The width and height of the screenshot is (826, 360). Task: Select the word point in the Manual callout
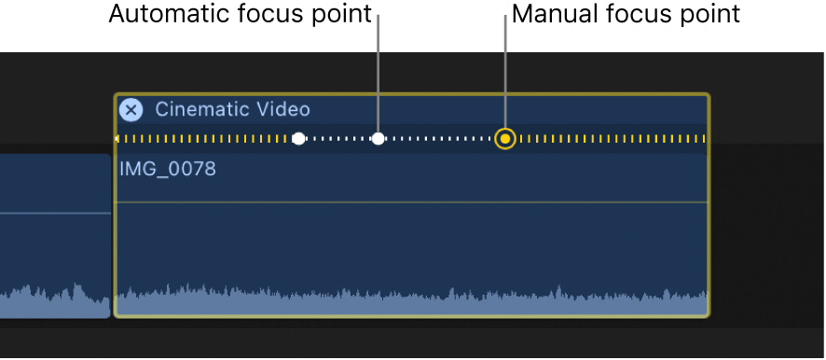[x=702, y=15]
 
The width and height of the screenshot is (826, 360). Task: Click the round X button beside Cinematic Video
[x=131, y=110]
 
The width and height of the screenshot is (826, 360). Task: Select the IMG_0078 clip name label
[x=168, y=169]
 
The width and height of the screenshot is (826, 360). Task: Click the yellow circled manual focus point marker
[x=505, y=139]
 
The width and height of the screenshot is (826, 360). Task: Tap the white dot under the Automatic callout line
[x=378, y=139]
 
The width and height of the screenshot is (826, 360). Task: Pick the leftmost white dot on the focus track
[x=298, y=139]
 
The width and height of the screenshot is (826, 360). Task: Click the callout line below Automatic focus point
[x=378, y=75]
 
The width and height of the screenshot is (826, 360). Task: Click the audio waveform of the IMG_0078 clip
[x=410, y=301]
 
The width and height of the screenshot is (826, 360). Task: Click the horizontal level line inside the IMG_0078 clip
[x=410, y=201]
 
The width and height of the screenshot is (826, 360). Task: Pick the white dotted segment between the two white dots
[x=337, y=139]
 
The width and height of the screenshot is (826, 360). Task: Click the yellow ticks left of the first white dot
[x=205, y=139]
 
